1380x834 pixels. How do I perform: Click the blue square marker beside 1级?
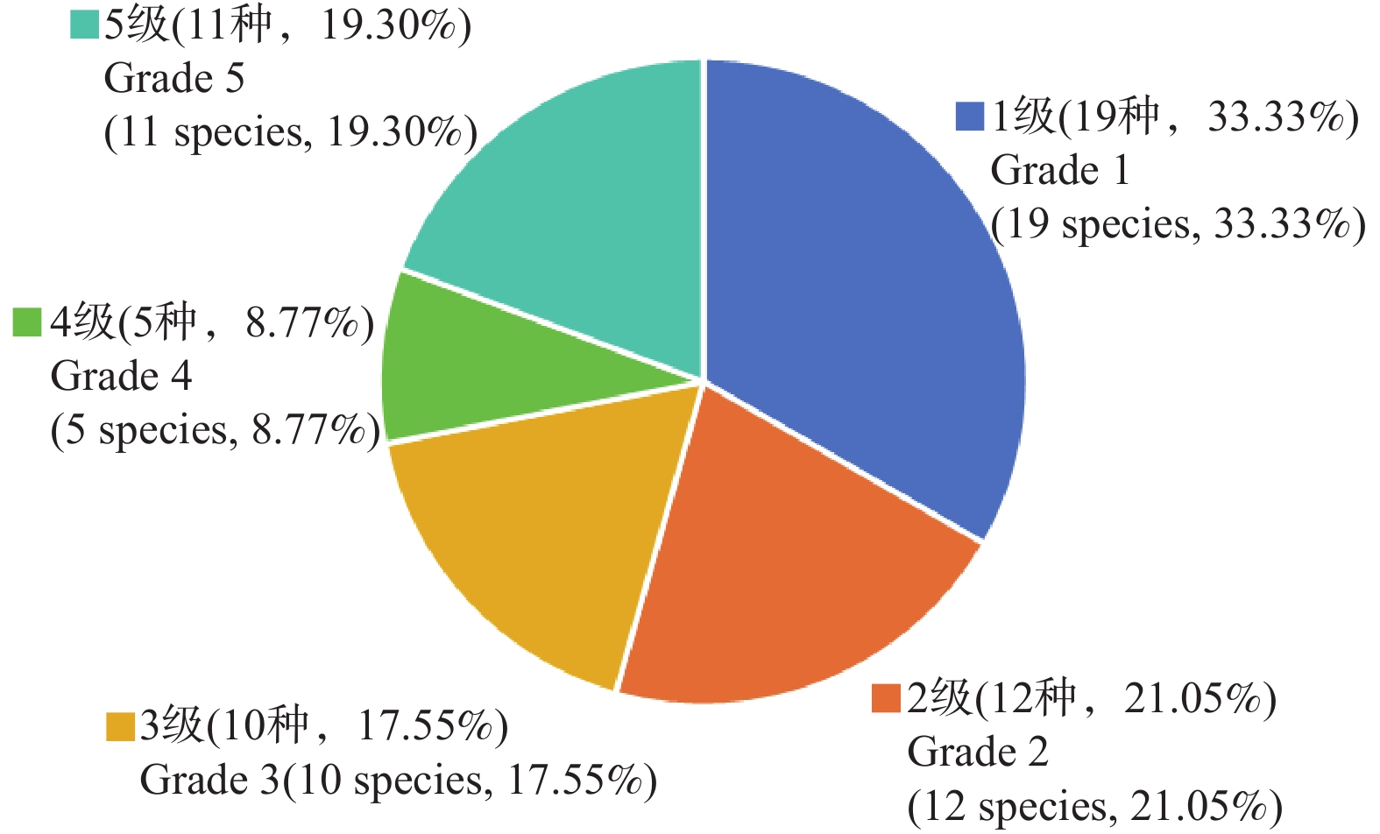970,117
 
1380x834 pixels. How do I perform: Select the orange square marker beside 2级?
886,698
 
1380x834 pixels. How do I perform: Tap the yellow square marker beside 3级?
120,726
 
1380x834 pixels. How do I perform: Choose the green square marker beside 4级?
27,322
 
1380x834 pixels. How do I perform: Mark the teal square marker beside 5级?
84,25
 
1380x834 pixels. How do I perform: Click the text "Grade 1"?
1059,170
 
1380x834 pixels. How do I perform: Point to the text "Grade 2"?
977,752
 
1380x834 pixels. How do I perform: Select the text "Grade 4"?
121,377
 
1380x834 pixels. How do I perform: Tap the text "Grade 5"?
173,78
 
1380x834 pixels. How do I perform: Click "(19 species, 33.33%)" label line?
1178,224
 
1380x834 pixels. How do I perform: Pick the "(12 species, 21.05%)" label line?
1094,806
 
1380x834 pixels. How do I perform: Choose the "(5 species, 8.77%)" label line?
216,430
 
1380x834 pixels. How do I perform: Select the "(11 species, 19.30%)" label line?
290,132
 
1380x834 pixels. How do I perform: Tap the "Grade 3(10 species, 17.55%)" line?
398,780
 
